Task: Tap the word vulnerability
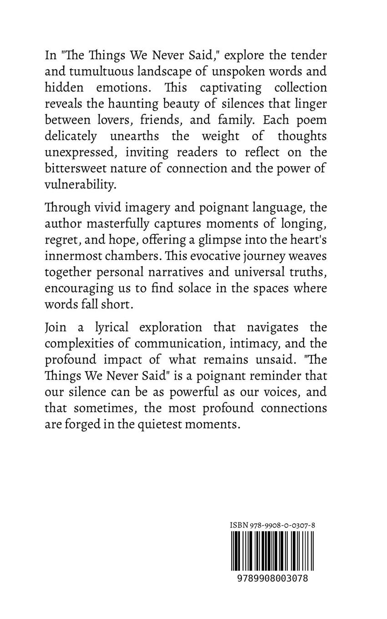[x=78, y=183]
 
